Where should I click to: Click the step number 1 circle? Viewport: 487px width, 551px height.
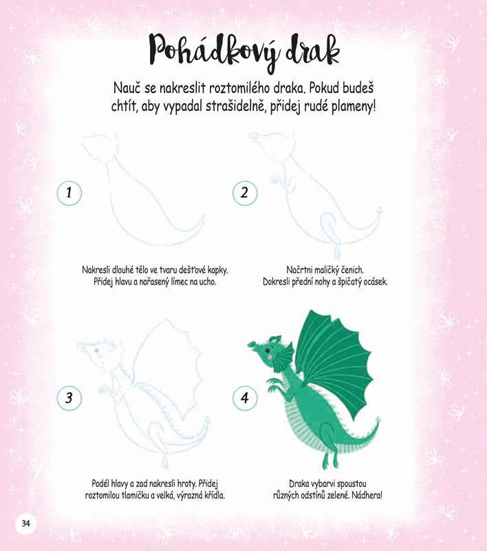pyautogui.click(x=69, y=193)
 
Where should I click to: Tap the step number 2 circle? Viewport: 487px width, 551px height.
pyautogui.click(x=245, y=193)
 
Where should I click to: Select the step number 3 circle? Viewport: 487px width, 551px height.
pyautogui.click(x=69, y=398)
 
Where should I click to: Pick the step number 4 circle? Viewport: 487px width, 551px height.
pyautogui.click(x=245, y=398)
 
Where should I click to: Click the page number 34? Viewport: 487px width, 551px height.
pyautogui.click(x=25, y=523)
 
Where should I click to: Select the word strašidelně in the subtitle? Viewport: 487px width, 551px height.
pyautogui.click(x=235, y=106)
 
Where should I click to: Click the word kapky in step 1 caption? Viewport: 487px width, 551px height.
pyautogui.click(x=217, y=270)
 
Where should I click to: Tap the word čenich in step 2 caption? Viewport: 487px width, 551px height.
pyautogui.click(x=352, y=270)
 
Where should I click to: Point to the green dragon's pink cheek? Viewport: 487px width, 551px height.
pyautogui.click(x=270, y=357)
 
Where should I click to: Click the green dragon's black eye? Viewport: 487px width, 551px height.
pyautogui.click(x=268, y=351)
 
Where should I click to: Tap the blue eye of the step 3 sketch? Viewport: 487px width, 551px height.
pyautogui.click(x=96, y=351)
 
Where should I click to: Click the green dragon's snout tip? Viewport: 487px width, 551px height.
pyautogui.click(x=251, y=344)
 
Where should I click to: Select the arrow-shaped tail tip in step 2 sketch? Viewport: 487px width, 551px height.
pyautogui.click(x=380, y=211)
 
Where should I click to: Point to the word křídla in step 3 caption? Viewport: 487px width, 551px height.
pyautogui.click(x=214, y=495)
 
